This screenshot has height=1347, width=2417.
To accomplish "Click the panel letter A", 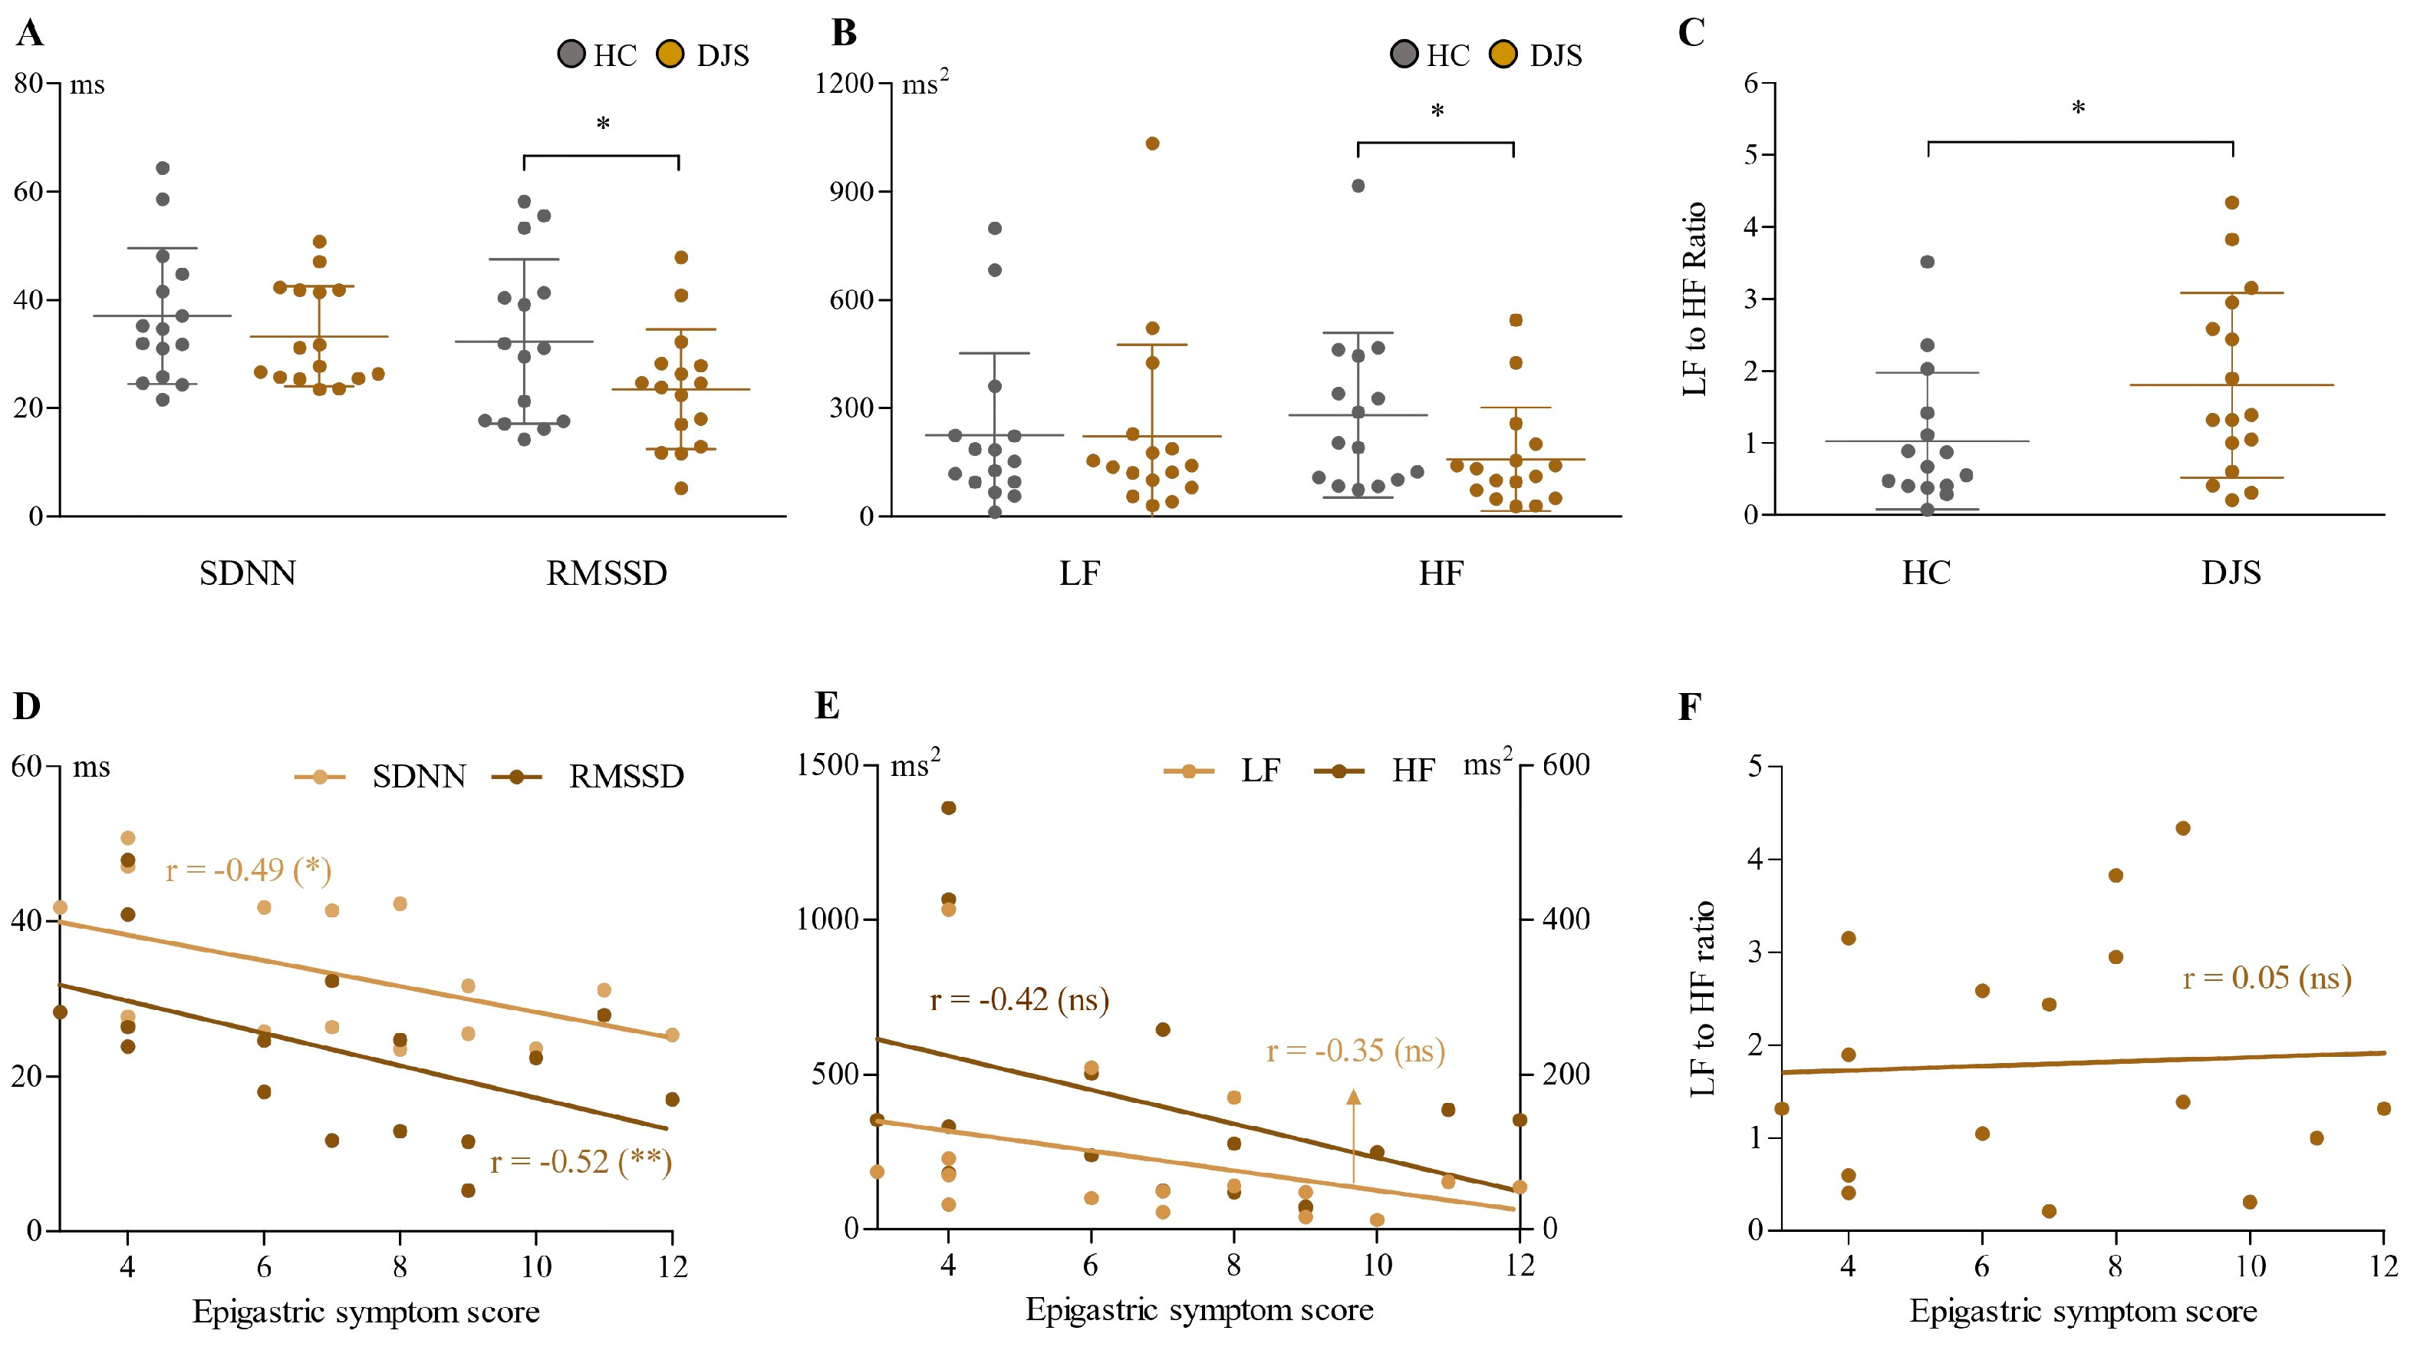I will (30, 34).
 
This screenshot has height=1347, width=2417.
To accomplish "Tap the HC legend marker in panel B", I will (1404, 54).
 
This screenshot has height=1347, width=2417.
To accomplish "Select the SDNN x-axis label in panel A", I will (248, 573).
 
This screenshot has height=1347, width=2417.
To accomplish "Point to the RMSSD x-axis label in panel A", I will (606, 573).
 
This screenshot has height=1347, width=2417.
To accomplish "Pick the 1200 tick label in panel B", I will (844, 84).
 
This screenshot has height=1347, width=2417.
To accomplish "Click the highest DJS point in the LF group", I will (1152, 144).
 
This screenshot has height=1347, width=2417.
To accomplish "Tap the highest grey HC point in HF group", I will (1358, 186).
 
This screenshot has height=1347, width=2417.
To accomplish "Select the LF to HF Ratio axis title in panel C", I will (1694, 299).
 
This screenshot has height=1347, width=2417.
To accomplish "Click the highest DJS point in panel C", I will (2232, 203).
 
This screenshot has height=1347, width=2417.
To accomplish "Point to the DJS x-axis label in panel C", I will (2231, 573).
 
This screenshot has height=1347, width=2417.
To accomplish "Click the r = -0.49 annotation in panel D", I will (249, 870).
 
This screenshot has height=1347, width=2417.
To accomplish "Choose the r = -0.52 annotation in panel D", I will (581, 1162).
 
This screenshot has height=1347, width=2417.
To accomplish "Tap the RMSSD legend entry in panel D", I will (626, 776).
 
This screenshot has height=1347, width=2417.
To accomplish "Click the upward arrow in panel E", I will (1353, 1136).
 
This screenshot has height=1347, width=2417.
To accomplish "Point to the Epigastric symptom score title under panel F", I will (2083, 1312).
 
